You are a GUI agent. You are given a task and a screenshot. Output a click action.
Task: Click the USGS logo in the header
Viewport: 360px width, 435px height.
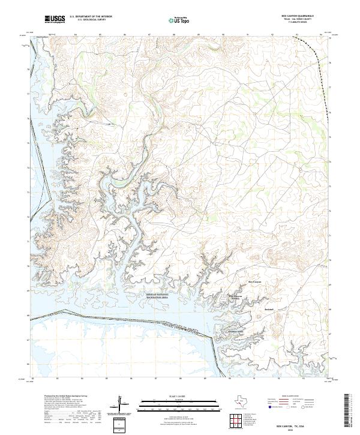click(x=54, y=20)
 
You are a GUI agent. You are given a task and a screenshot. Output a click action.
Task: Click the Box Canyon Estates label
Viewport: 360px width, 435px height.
click(x=236, y=297)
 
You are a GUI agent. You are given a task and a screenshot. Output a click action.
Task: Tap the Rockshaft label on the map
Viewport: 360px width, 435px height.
click(x=269, y=310)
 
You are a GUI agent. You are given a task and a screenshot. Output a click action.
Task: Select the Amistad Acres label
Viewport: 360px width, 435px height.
click(x=236, y=331)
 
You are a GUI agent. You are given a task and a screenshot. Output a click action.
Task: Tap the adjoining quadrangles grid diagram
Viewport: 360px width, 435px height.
click(x=237, y=421)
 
